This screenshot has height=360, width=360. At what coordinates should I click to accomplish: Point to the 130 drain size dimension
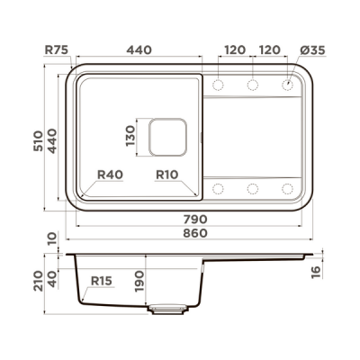click(130, 136)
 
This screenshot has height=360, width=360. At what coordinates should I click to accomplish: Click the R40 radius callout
click(109, 175)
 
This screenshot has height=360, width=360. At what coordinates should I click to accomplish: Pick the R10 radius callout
click(166, 175)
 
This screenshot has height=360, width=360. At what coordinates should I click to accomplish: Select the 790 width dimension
click(195, 219)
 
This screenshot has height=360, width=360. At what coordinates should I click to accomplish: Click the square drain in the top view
click(165, 136)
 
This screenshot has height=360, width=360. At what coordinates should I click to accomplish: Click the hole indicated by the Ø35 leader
click(288, 85)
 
